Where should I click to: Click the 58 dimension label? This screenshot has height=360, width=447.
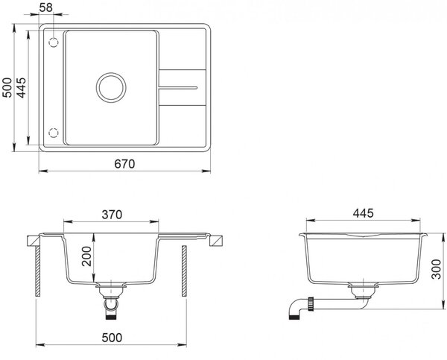point(46,7)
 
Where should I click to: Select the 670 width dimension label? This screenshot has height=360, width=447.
point(124,164)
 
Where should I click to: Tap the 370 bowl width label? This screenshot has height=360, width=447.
point(112,215)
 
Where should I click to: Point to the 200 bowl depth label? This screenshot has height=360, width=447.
point(86,256)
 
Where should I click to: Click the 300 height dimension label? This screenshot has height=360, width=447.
point(436,269)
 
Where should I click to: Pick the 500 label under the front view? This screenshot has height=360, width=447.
point(112,338)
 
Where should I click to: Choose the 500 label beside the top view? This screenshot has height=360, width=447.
point(7,87)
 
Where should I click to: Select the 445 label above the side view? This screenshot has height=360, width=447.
point(363,213)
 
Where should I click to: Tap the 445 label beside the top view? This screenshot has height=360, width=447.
point(21,87)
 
